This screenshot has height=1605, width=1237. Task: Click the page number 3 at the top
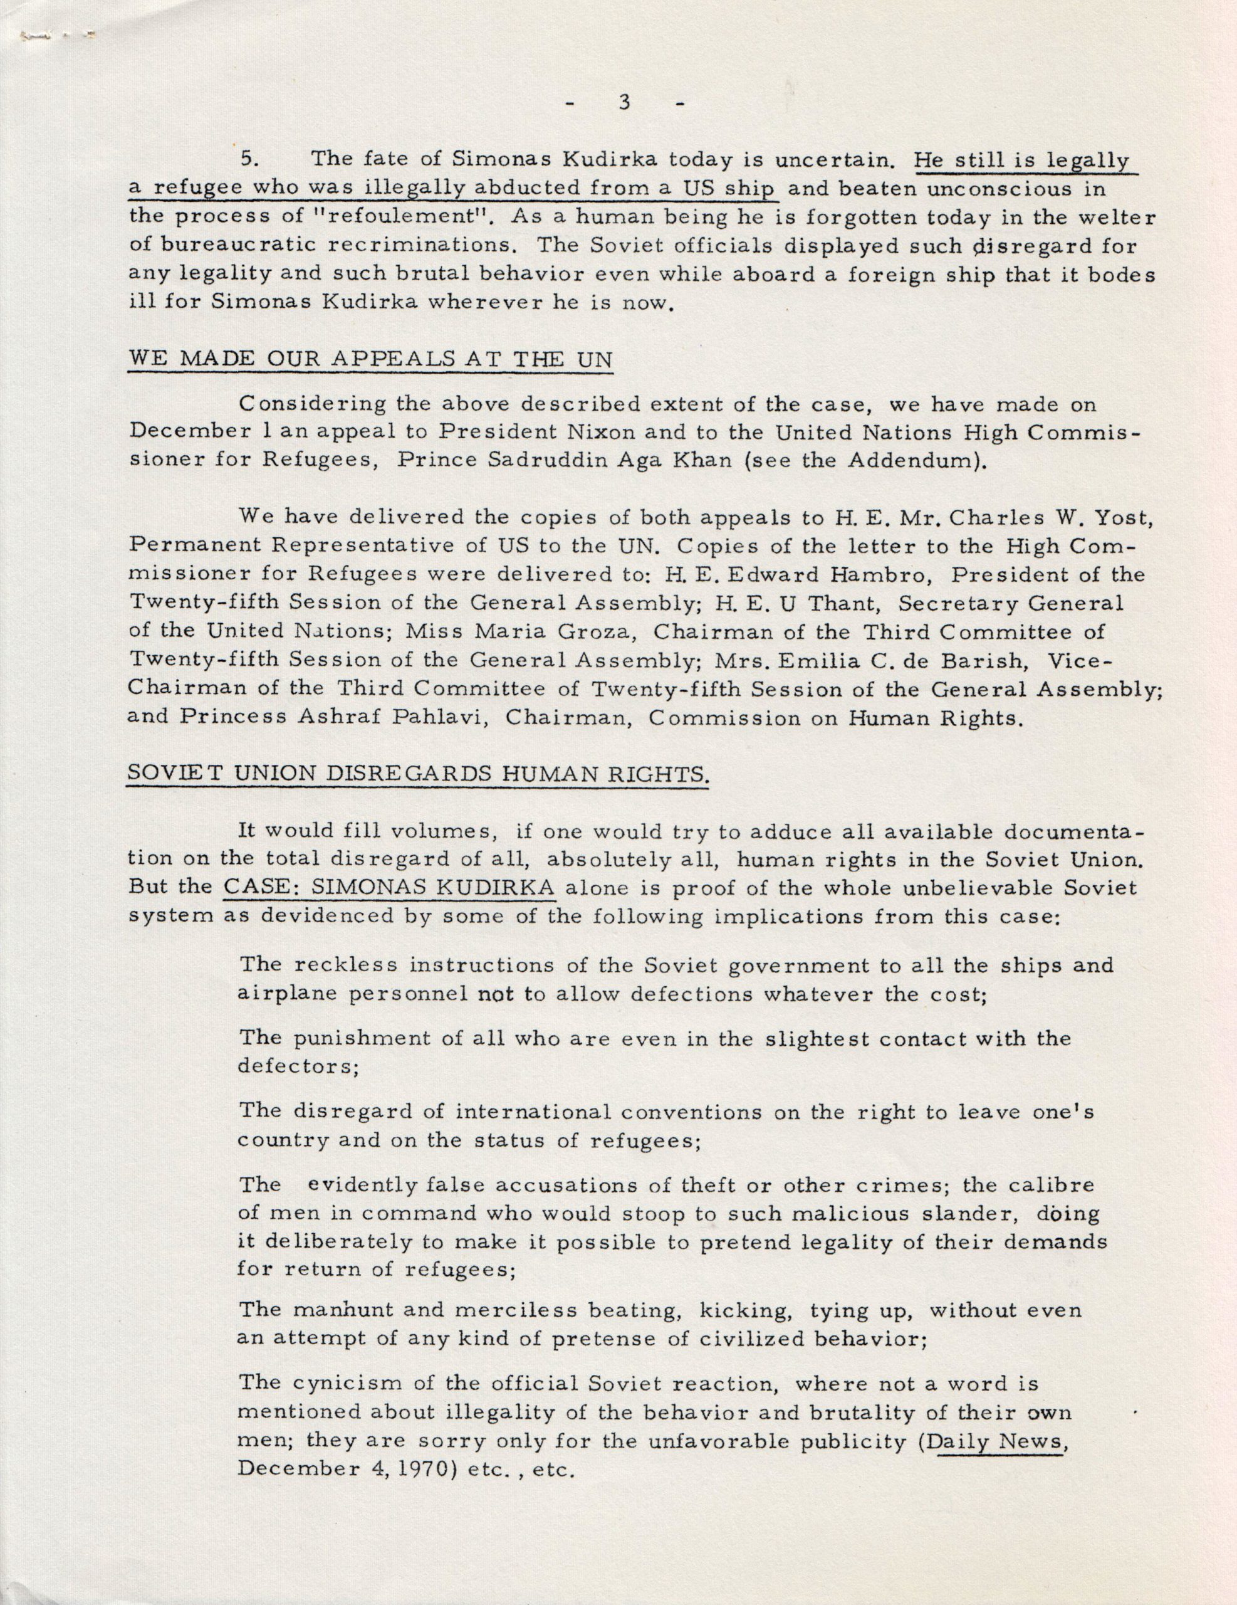click(x=625, y=103)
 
